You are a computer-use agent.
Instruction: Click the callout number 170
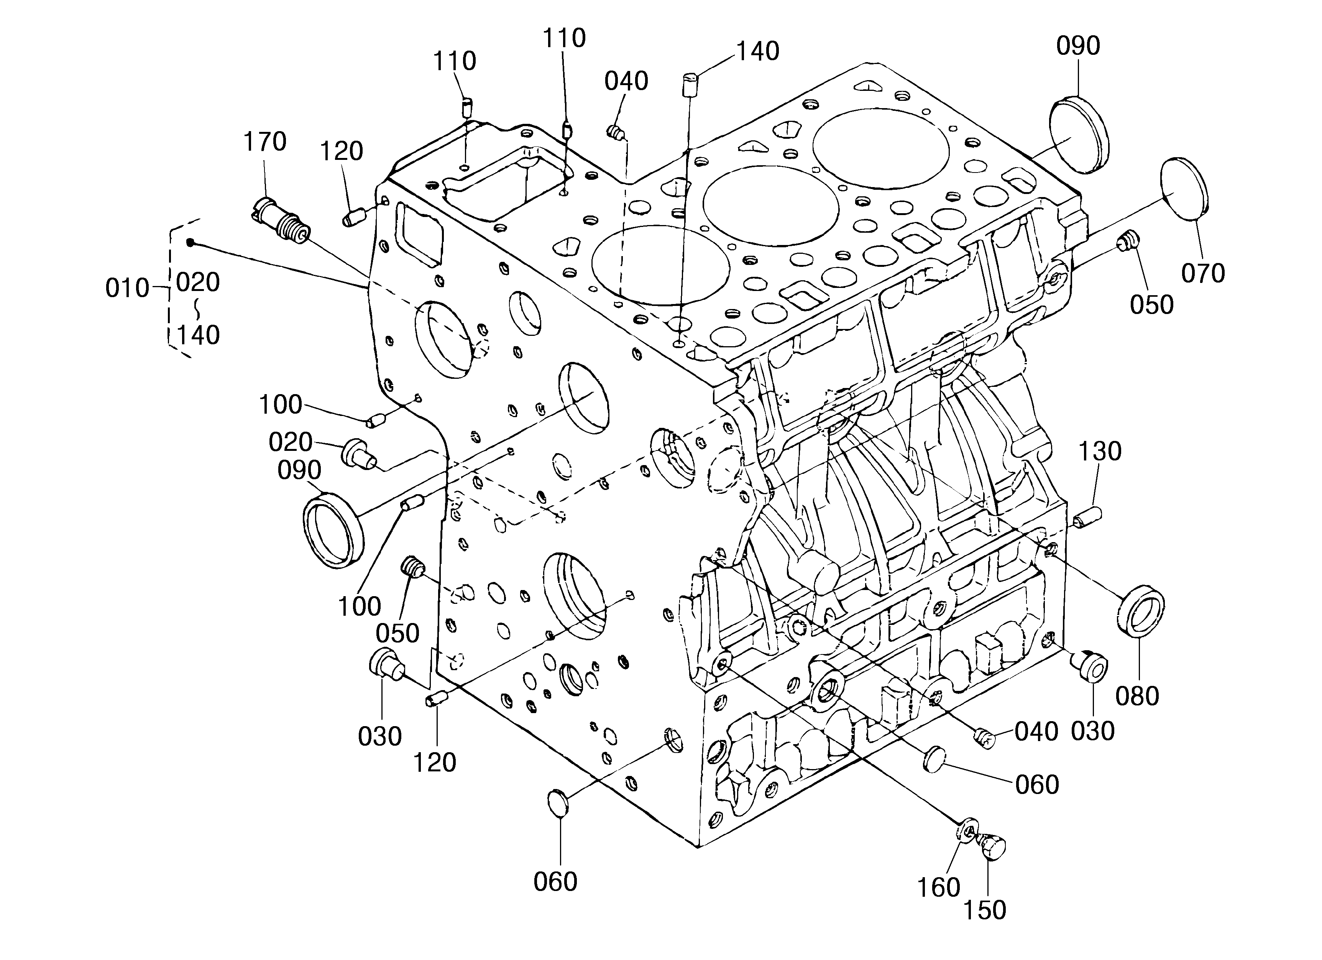click(x=264, y=141)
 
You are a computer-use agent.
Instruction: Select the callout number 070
click(x=1203, y=273)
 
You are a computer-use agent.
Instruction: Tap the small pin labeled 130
click(x=1087, y=516)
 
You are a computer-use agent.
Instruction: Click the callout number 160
click(x=938, y=887)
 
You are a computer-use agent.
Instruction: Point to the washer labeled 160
click(x=967, y=830)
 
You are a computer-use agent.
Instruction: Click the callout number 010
click(x=127, y=289)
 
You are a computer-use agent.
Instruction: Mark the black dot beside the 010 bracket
click(x=190, y=242)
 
